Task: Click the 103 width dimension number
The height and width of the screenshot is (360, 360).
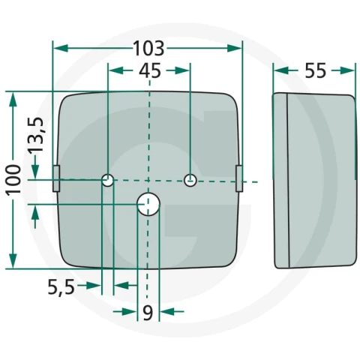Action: tap(149, 48)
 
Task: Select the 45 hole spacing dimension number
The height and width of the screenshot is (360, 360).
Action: tap(150, 70)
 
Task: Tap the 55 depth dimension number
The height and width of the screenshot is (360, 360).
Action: tap(316, 70)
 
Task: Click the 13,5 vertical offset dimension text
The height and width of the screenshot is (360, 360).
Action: tap(35, 135)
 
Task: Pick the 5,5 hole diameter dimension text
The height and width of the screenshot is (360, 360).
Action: tap(61, 287)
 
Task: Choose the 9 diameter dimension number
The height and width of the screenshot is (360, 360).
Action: tap(148, 313)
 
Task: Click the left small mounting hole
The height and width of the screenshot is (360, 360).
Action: tap(108, 180)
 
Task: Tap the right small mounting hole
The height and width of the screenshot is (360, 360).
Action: tap(190, 180)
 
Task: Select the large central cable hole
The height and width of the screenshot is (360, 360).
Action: tap(148, 204)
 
